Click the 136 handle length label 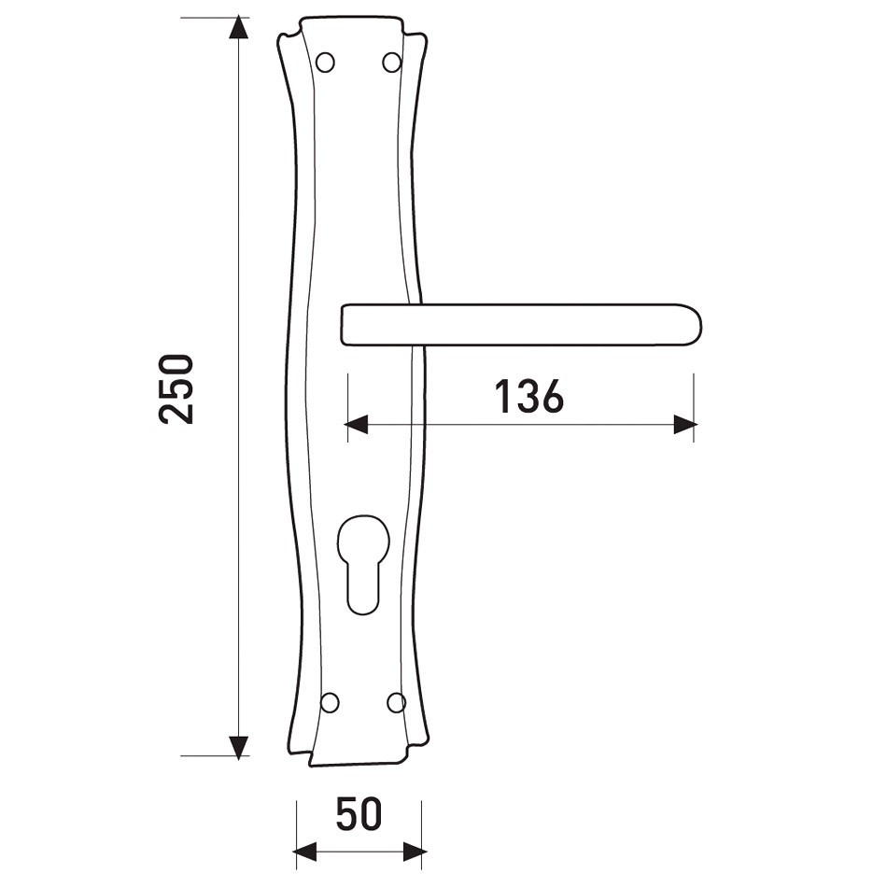[x=529, y=396]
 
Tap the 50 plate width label [x=359, y=814]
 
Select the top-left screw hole [x=325, y=63]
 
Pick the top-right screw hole [x=391, y=62]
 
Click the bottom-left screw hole [x=330, y=702]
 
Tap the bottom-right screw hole [x=396, y=702]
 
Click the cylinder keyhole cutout [x=362, y=565]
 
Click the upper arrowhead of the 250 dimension [x=239, y=27]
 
